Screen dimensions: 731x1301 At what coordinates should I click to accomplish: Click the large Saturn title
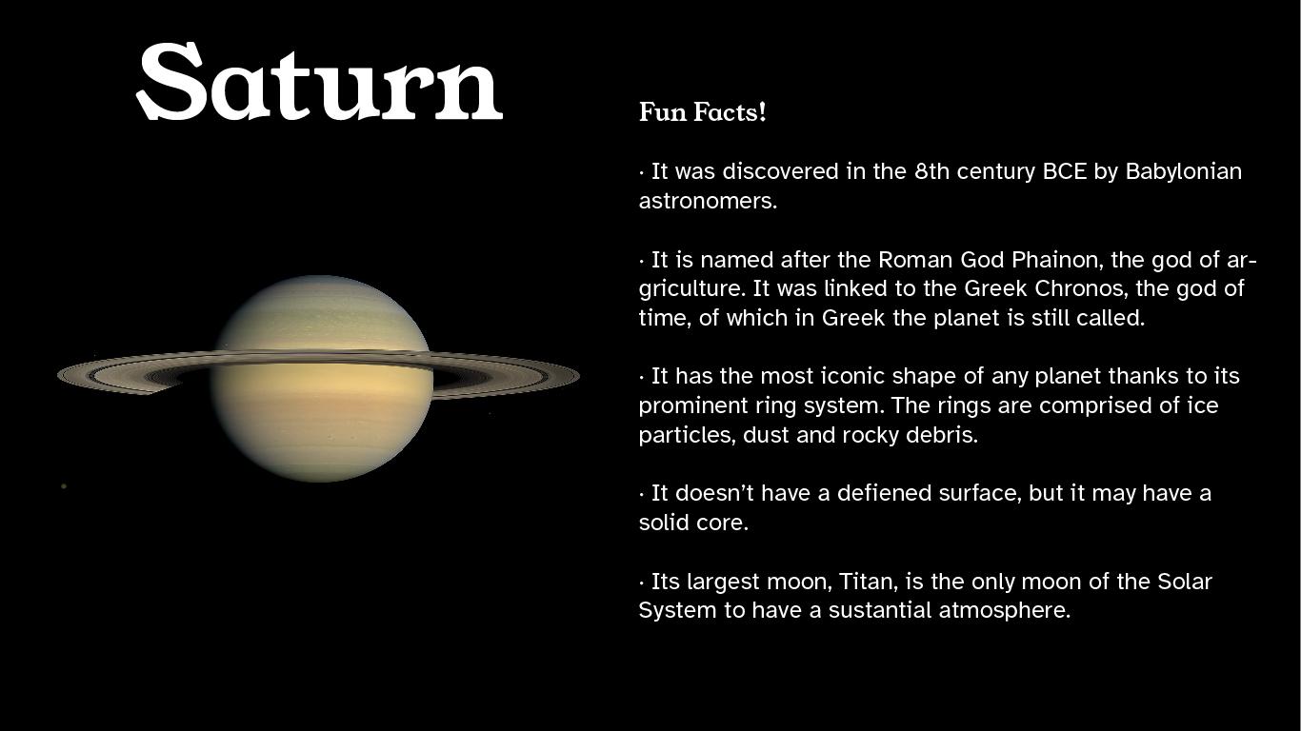319,82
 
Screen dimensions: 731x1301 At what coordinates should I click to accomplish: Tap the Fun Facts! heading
702,112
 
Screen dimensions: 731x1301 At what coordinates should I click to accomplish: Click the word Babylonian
1183,171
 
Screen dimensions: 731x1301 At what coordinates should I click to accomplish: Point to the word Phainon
1054,260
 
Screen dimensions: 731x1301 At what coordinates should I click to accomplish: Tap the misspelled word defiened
884,493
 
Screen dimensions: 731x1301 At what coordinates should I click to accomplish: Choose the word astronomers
707,201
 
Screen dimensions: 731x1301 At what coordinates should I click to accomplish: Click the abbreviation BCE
1064,171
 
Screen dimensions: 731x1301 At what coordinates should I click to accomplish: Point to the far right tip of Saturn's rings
577,376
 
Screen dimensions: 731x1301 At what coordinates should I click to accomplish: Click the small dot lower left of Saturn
64,486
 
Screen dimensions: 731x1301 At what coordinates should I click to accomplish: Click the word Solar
1184,582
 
